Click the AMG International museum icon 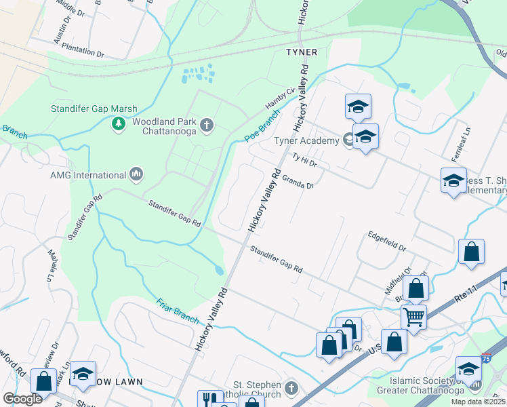click(136, 174)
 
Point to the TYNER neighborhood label click(302, 52)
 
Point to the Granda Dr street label click(298, 182)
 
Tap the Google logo click(22, 399)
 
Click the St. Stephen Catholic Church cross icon click(291, 388)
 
